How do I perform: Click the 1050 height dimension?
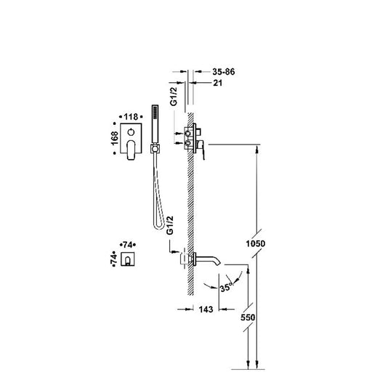point(256,243)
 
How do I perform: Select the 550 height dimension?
point(248,318)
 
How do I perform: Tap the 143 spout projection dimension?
point(206,310)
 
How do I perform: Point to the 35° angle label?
point(226,287)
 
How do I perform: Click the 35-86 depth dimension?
point(224,72)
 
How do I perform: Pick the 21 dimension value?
point(217,83)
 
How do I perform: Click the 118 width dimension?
point(131,117)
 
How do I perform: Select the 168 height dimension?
point(115,138)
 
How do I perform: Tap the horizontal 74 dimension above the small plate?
point(128,245)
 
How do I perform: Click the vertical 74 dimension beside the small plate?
point(113,259)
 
